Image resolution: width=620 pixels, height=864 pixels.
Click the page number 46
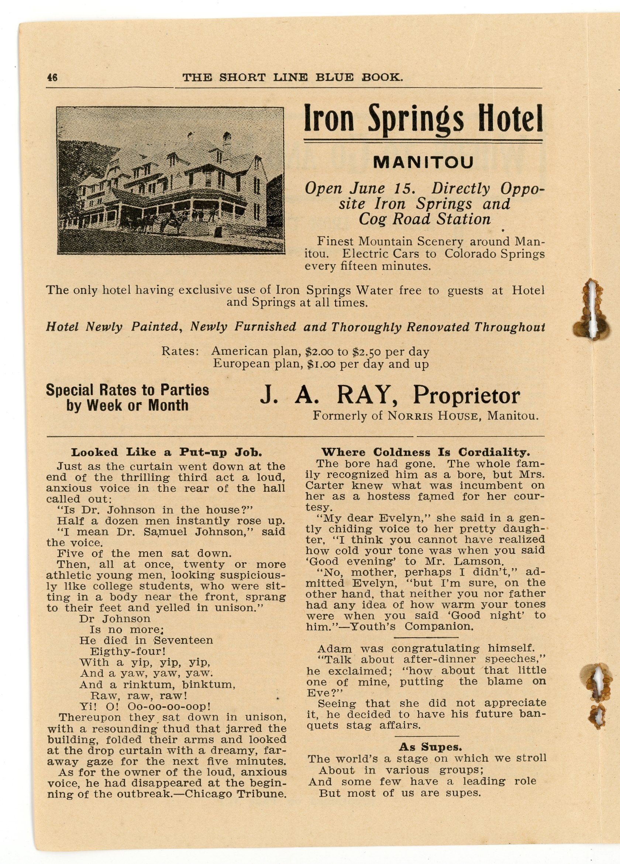[x=52, y=78]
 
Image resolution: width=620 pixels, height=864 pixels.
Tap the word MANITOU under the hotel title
[x=423, y=163]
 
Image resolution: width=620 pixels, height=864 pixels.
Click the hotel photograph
[x=170, y=180]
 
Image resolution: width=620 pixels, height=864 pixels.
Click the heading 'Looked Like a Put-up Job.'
[x=166, y=453]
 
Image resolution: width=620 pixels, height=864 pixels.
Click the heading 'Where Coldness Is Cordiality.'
[x=426, y=452]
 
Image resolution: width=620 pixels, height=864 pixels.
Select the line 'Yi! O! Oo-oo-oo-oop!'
[x=145, y=706]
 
